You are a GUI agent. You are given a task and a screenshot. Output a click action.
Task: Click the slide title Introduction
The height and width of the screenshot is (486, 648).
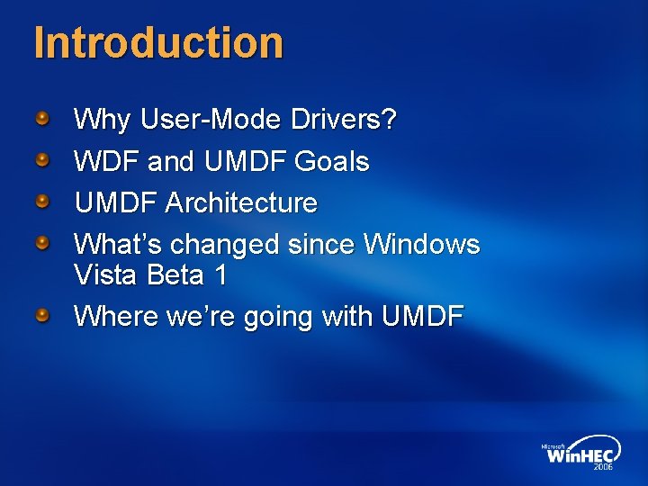pyautogui.click(x=158, y=42)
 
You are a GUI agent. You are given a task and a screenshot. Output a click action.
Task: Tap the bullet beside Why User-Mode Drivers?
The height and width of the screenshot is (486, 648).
pyautogui.click(x=42, y=118)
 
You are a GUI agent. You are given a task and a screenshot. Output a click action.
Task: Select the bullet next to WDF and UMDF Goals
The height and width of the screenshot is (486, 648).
pyautogui.click(x=42, y=160)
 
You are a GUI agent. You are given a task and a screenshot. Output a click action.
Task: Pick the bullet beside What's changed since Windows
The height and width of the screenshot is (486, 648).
pyautogui.click(x=42, y=242)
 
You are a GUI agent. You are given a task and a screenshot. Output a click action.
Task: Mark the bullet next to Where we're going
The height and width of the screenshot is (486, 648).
pyautogui.click(x=42, y=315)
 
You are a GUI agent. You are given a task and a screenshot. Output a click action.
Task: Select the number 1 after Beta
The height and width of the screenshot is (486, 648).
pyautogui.click(x=220, y=274)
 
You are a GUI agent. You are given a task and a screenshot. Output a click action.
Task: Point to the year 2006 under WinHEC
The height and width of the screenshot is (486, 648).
pyautogui.click(x=602, y=467)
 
